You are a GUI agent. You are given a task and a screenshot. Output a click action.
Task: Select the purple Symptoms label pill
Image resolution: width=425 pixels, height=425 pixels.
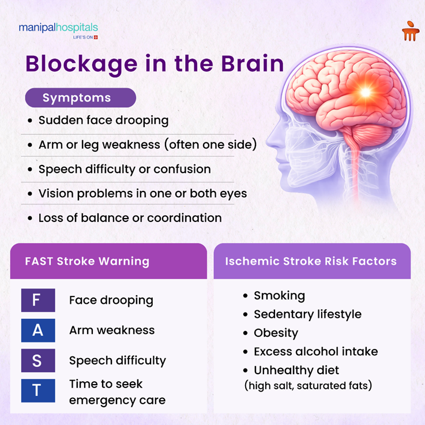click(80, 97)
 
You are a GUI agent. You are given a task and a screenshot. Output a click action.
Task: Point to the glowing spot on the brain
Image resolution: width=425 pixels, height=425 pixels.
click(364, 92)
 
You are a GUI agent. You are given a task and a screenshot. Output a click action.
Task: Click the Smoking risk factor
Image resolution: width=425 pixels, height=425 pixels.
click(279, 296)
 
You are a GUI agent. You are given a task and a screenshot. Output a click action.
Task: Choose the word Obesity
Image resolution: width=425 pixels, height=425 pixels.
click(276, 333)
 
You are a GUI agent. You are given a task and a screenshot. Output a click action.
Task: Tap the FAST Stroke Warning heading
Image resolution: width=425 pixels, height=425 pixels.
click(87, 261)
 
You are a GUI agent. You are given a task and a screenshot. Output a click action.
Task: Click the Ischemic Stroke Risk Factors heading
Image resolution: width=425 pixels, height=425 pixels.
click(311, 261)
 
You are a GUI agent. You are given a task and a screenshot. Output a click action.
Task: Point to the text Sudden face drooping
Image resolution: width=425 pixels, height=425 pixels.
click(103, 121)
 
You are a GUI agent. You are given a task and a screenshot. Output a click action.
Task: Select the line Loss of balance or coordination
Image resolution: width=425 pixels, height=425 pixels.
click(130, 218)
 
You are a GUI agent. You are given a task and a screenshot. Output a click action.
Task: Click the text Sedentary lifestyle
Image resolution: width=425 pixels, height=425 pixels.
click(307, 314)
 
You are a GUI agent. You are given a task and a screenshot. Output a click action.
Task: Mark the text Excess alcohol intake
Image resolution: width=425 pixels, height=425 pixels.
click(315, 352)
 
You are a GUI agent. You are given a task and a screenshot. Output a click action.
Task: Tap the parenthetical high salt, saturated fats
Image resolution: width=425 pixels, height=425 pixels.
click(308, 385)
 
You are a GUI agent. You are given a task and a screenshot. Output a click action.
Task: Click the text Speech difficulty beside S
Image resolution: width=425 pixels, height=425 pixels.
click(117, 360)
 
